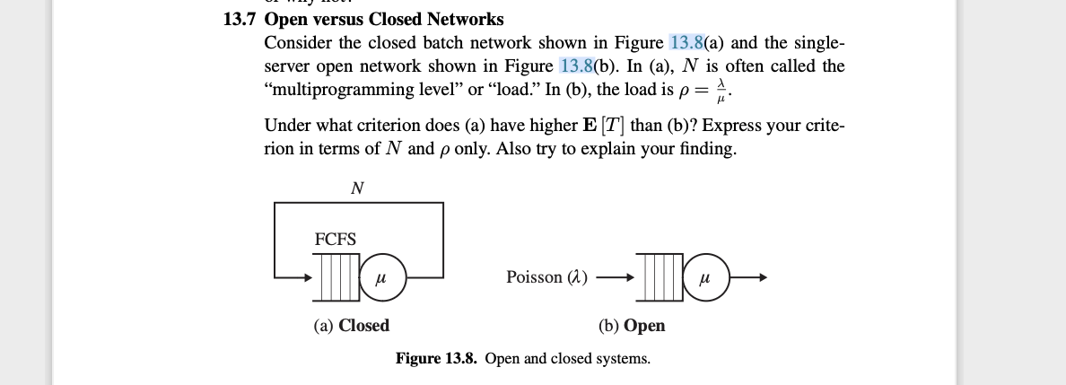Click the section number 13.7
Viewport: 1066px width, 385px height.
[240, 20]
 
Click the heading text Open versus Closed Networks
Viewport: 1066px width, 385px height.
[384, 20]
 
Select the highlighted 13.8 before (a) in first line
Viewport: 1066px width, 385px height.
[688, 43]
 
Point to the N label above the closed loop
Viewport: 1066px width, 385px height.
[357, 188]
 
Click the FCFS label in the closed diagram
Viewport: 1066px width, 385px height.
[336, 240]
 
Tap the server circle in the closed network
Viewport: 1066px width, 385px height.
[383, 277]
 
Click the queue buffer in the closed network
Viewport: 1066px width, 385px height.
[337, 277]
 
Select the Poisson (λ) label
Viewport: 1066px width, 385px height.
[546, 278]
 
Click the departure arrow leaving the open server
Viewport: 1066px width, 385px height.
[749, 278]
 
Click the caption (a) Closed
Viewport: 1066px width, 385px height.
[351, 326]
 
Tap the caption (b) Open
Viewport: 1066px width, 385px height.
[632, 326]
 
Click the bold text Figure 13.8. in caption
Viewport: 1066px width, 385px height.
[438, 359]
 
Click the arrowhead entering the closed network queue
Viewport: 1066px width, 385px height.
[308, 277]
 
